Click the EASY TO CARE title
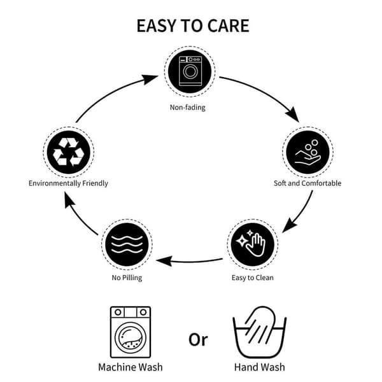point(193,25)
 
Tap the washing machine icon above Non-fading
point(190,71)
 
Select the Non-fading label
point(188,108)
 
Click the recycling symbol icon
point(69,152)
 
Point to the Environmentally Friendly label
point(68,183)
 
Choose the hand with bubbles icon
point(308,152)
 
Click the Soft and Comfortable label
point(308,183)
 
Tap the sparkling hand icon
point(253,244)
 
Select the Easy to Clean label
point(253,278)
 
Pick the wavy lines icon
point(127,244)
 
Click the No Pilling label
point(127,278)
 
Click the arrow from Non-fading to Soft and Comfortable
point(265,92)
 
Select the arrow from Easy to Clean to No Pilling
point(190,262)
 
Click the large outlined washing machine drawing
point(131,332)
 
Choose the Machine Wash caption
point(131,367)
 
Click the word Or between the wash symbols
point(198,339)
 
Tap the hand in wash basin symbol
point(260,332)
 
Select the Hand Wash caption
point(260,367)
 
